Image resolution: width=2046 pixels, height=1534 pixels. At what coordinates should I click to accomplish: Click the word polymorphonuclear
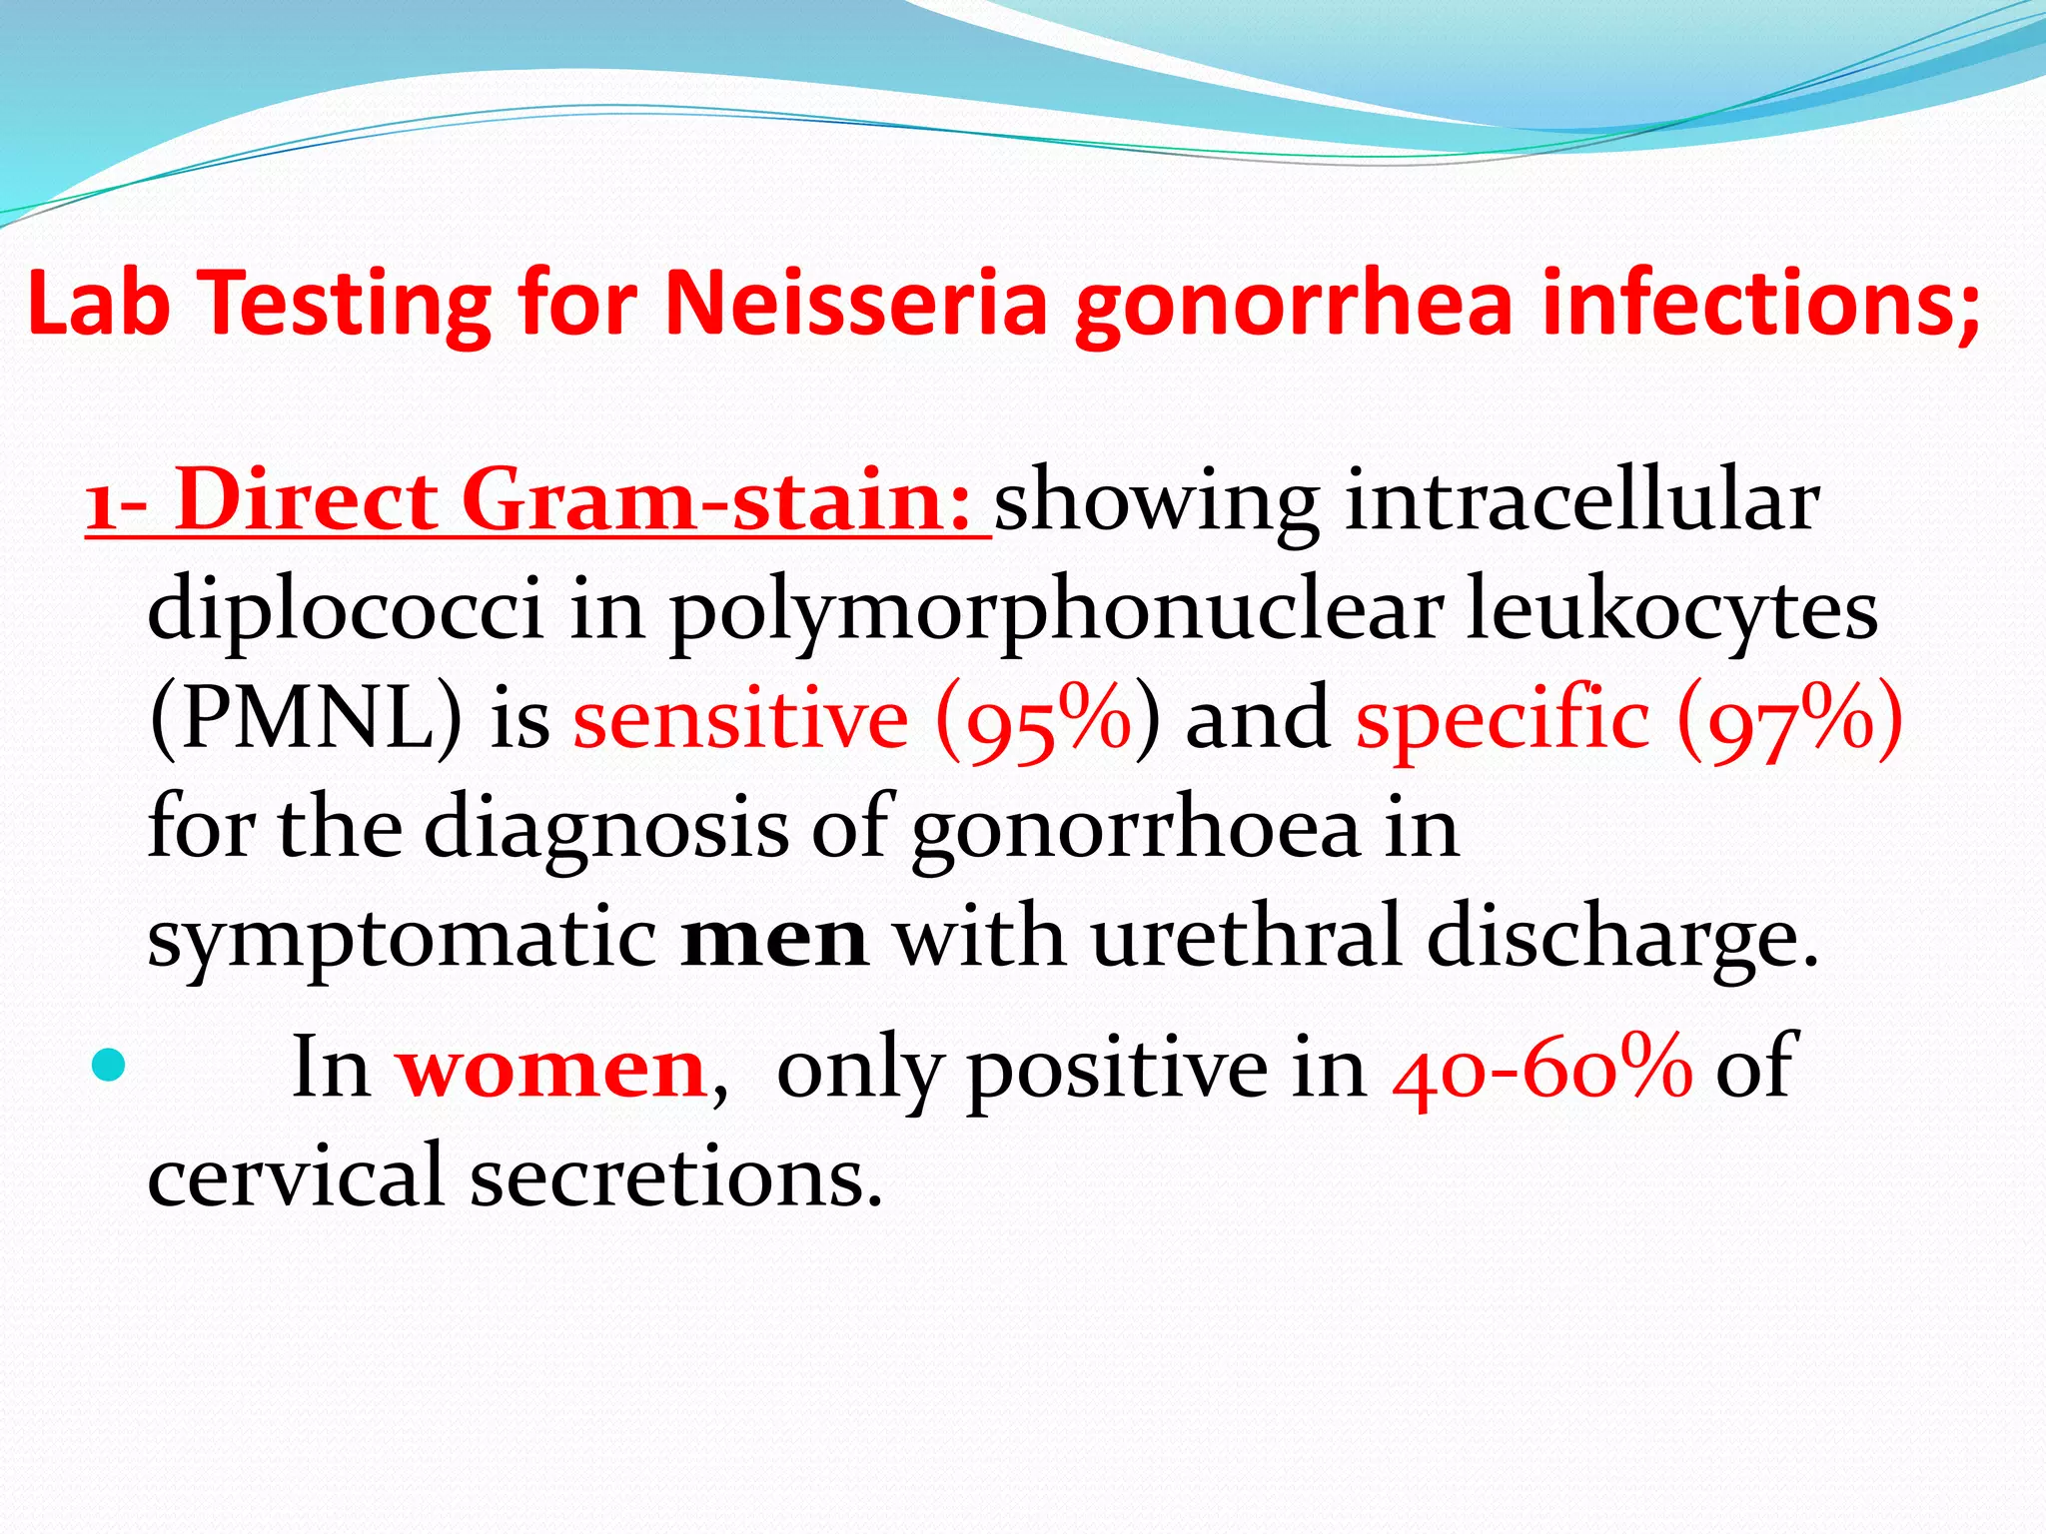point(1055,612)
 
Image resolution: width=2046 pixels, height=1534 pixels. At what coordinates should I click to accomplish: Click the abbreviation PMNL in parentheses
point(306,718)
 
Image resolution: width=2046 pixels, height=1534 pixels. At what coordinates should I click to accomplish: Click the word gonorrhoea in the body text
point(1135,830)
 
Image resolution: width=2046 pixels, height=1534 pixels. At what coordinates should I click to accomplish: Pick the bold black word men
point(773,939)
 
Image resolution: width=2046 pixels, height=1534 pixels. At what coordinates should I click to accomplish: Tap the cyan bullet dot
point(107,1066)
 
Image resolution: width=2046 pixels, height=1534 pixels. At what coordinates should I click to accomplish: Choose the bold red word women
point(552,1068)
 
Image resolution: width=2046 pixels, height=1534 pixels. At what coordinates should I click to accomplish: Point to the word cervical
point(296,1174)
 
